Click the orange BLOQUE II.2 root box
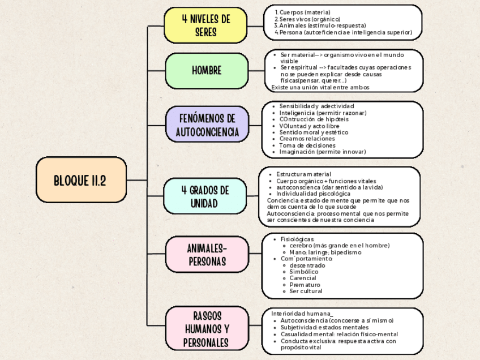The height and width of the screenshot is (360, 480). [x=81, y=180]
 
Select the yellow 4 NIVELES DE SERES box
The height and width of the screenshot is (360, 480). [x=206, y=25]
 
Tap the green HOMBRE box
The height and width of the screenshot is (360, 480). [x=206, y=71]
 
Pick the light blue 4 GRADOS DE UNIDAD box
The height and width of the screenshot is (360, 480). [x=204, y=196]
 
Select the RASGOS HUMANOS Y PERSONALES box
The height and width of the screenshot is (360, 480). [x=207, y=329]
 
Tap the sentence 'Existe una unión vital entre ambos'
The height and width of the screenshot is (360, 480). [x=320, y=88]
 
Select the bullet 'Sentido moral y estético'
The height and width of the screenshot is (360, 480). [x=314, y=132]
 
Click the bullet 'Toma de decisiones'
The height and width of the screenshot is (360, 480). [x=307, y=145]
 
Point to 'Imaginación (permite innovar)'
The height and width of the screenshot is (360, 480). [x=322, y=152]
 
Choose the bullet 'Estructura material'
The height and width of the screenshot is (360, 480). [x=303, y=174]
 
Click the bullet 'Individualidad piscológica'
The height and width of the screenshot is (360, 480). [x=313, y=194]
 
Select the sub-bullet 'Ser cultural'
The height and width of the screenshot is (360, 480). [x=306, y=291]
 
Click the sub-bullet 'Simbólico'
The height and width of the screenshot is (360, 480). [x=303, y=272]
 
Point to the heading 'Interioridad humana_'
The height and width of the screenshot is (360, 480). [x=302, y=314]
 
